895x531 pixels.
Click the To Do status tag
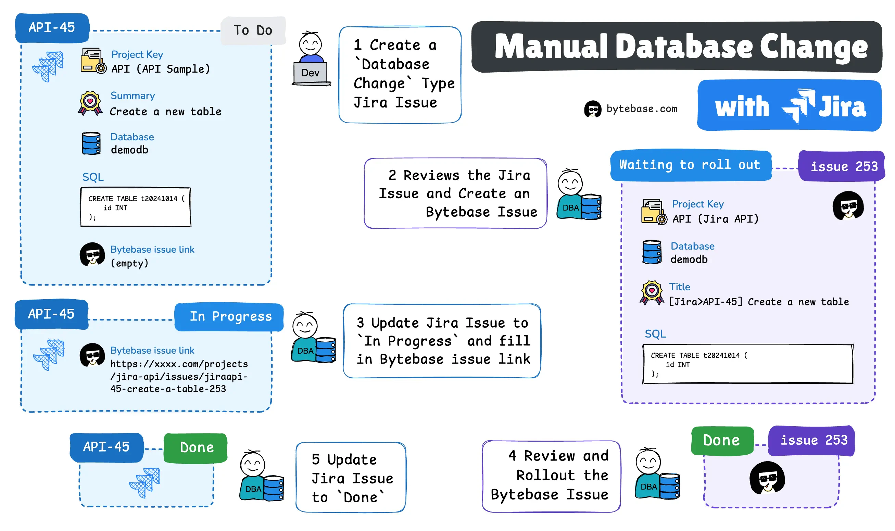pyautogui.click(x=253, y=30)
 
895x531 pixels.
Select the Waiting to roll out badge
pyautogui.click(x=690, y=165)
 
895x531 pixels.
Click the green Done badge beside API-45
pyautogui.click(x=196, y=447)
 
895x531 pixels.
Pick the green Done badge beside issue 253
pyautogui.click(x=721, y=440)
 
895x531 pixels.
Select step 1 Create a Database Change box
pyautogui.click(x=400, y=74)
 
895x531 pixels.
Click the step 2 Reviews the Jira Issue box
pyautogui.click(x=455, y=193)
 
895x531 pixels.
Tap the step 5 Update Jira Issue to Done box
pyautogui.click(x=351, y=478)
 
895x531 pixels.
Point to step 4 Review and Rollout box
pyautogui.click(x=551, y=476)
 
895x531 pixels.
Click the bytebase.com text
pyautogui.click(x=641, y=109)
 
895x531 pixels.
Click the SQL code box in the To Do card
pyautogui.click(x=136, y=207)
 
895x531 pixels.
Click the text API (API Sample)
pyautogui.click(x=160, y=69)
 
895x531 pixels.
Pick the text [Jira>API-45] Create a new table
pyautogui.click(x=759, y=302)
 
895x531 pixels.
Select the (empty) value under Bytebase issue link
pyautogui.click(x=129, y=263)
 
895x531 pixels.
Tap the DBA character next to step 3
pyautogui.click(x=313, y=338)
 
